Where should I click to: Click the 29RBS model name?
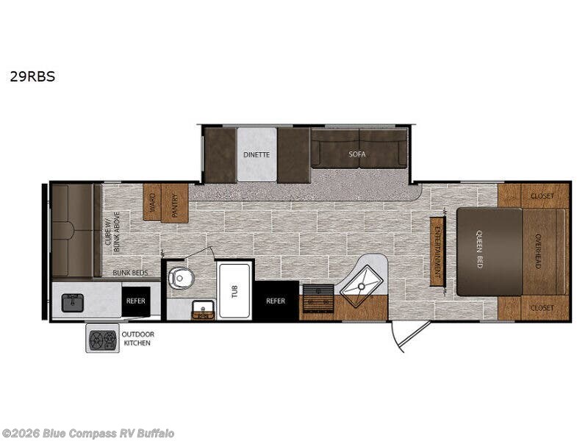pyautogui.click(x=32, y=76)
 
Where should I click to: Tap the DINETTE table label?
pyautogui.click(x=257, y=154)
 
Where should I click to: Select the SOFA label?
pyautogui.click(x=356, y=154)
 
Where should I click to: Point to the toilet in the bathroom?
pyautogui.click(x=182, y=278)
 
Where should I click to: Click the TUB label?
pyautogui.click(x=234, y=291)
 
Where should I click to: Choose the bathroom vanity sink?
pyautogui.click(x=204, y=309)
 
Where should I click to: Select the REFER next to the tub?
pyautogui.click(x=276, y=301)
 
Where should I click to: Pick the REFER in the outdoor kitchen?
pyautogui.click(x=136, y=301)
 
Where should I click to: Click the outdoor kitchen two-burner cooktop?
pyautogui.click(x=102, y=338)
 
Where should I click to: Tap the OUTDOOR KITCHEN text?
pyautogui.click(x=137, y=338)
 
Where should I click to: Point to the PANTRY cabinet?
pyautogui.click(x=175, y=204)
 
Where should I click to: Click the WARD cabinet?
pyautogui.click(x=152, y=203)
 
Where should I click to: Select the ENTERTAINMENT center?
pyautogui.click(x=437, y=251)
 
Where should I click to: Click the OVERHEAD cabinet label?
pyautogui.click(x=538, y=251)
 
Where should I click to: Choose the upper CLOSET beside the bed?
pyautogui.click(x=542, y=196)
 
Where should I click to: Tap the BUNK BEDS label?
pyautogui.click(x=131, y=273)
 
